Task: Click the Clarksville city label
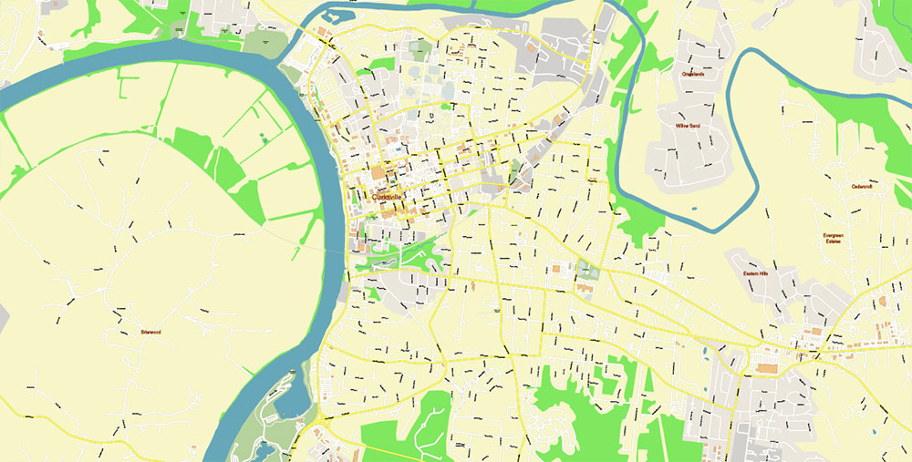click(x=388, y=196)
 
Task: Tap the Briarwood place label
click(x=150, y=332)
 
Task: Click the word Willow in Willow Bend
click(x=680, y=125)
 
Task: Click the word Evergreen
click(x=832, y=235)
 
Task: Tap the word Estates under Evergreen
click(x=832, y=241)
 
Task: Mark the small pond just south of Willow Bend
click(x=693, y=209)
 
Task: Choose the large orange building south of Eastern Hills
click(x=767, y=368)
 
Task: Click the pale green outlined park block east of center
click(x=585, y=270)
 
